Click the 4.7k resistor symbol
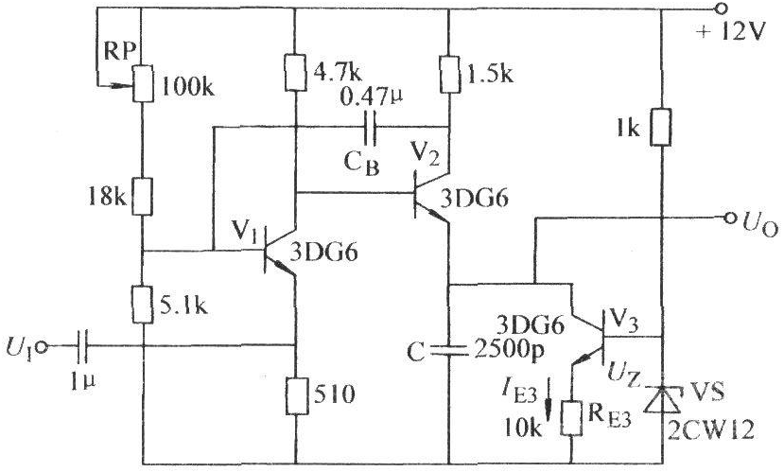[x=296, y=73]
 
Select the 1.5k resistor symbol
[x=449, y=74]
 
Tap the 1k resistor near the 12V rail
[x=661, y=127]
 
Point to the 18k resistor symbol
[x=142, y=197]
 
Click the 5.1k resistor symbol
[x=142, y=305]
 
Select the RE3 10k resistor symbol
[x=571, y=417]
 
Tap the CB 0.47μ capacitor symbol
[x=371, y=127]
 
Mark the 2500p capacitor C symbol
[x=449, y=350]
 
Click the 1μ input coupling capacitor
[x=82, y=346]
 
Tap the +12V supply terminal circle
[x=721, y=9]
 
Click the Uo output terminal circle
[x=730, y=218]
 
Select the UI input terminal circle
[x=42, y=346]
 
